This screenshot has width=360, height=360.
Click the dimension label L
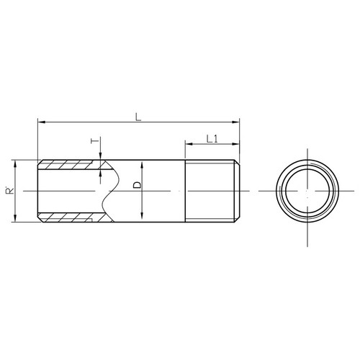tap(138, 117)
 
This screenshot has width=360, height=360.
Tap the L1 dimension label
tap(212, 139)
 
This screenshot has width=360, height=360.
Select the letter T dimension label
tap(95, 140)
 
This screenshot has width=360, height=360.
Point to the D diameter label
tap(138, 185)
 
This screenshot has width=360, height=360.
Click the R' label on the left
tap(10, 191)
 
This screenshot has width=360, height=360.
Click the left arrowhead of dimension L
tap(41, 122)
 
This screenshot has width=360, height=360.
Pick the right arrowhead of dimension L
tap(236, 122)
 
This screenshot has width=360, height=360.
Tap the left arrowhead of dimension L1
tap(189, 144)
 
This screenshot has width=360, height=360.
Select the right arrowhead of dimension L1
tap(236, 144)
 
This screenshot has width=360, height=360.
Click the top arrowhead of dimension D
tap(142, 165)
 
